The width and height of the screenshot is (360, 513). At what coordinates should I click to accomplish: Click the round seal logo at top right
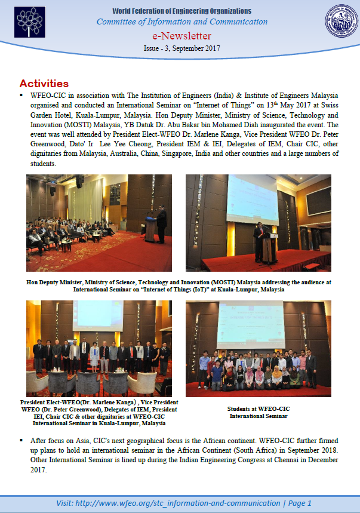341,21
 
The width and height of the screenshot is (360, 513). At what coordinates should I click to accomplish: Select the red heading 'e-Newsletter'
182,36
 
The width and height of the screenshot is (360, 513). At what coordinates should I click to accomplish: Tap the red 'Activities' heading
44,84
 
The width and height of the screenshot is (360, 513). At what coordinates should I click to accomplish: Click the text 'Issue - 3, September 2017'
182,48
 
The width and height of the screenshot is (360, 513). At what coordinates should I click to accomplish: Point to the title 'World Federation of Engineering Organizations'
182,11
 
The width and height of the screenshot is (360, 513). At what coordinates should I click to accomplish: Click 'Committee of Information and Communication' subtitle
182,22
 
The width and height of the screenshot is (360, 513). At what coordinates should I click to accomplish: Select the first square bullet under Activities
22,96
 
